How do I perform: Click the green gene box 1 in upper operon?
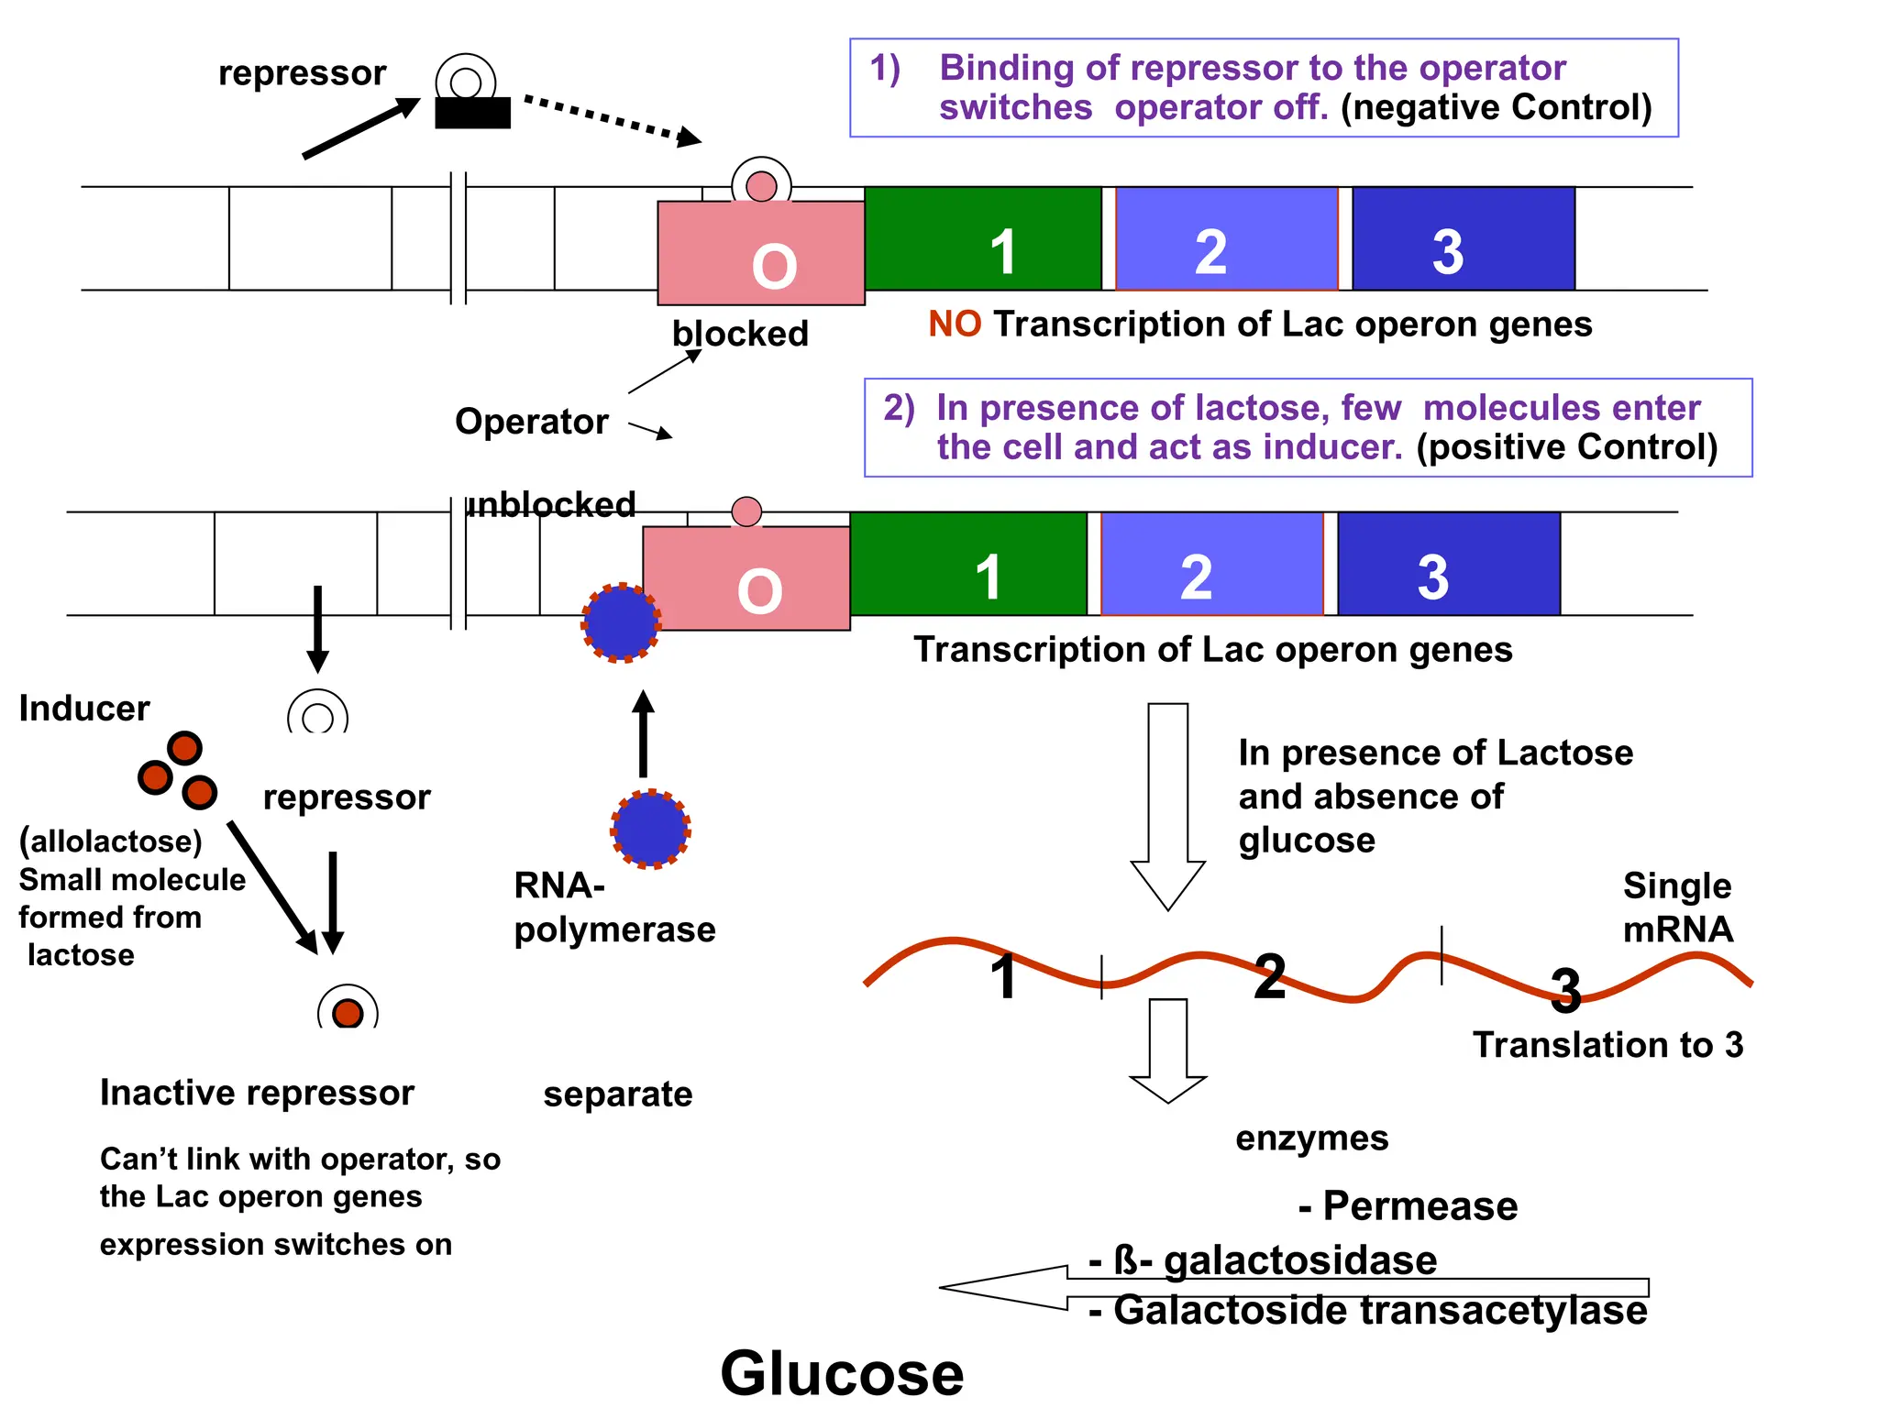click(x=982, y=238)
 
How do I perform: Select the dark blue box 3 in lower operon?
click(x=1449, y=564)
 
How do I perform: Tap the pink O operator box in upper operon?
click(x=761, y=254)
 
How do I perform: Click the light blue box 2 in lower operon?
click(x=1211, y=564)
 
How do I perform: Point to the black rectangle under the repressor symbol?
click(x=472, y=114)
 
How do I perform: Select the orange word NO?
click(x=954, y=324)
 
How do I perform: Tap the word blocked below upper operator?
click(x=740, y=334)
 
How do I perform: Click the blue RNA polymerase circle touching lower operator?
click(x=621, y=622)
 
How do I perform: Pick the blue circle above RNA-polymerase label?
click(x=650, y=829)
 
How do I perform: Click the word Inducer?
click(x=84, y=709)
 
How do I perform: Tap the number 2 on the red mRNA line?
click(x=1269, y=977)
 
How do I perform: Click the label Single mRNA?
click(x=1677, y=907)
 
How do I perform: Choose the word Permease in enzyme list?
click(x=1420, y=1206)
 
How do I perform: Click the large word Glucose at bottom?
click(x=842, y=1372)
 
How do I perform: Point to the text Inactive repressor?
click(x=257, y=1093)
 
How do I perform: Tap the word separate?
click(x=617, y=1094)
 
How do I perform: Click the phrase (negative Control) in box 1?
click(x=1496, y=107)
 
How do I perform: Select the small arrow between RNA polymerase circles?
click(x=644, y=733)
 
